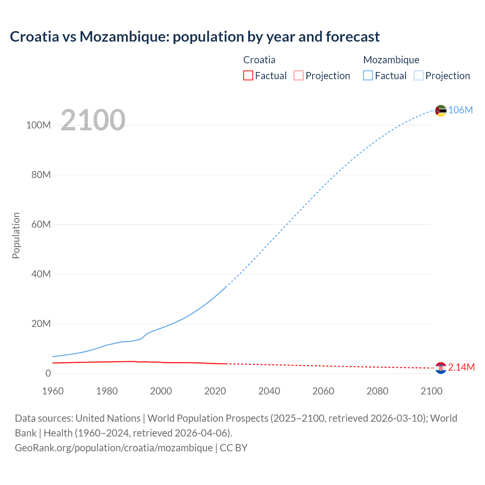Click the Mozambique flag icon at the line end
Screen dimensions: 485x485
click(x=441, y=111)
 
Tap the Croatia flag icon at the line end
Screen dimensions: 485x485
click(x=441, y=368)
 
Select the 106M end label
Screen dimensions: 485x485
click(x=460, y=110)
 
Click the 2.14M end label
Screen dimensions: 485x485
click(x=461, y=367)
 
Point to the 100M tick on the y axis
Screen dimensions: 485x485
click(x=38, y=125)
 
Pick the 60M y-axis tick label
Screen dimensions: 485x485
click(x=41, y=224)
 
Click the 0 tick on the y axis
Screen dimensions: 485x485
click(x=48, y=373)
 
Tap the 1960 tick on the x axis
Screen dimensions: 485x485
click(x=53, y=391)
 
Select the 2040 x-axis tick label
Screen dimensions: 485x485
click(x=269, y=391)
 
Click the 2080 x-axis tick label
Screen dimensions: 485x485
click(x=377, y=391)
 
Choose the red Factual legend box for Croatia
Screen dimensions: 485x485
click(x=248, y=76)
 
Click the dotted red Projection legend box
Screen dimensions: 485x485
click(x=299, y=76)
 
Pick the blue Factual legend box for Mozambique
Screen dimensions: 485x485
click(x=368, y=76)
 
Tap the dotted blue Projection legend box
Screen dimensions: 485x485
click(x=419, y=76)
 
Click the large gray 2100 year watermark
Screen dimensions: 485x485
click(x=93, y=120)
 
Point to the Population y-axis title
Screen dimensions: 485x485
click(x=16, y=235)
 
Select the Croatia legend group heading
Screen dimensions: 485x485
click(x=259, y=60)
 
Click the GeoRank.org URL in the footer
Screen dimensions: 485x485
click(x=114, y=448)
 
